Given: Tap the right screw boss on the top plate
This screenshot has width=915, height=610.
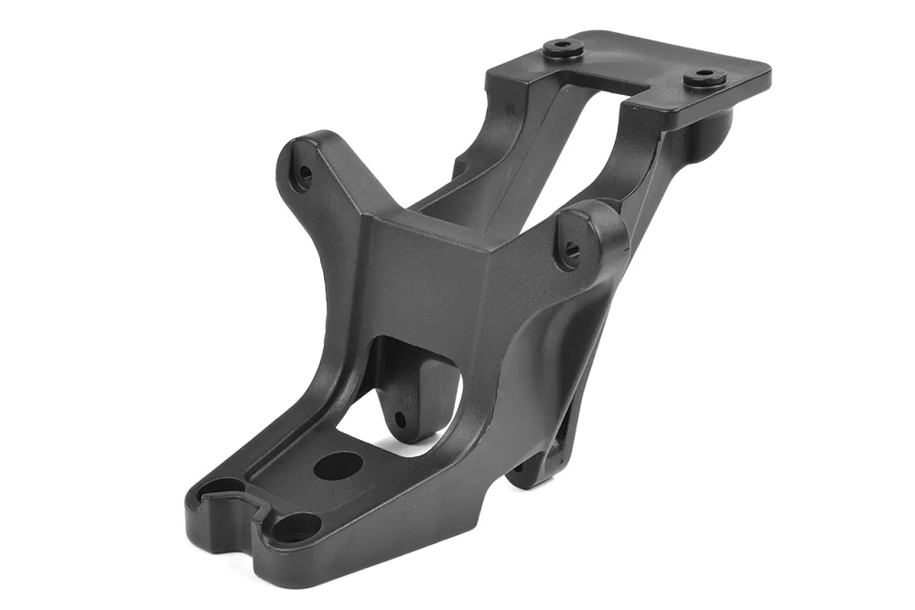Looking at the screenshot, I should tap(704, 77).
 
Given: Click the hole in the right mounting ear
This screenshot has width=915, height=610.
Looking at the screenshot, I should tap(571, 248).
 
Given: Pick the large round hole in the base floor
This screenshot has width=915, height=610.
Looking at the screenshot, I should tap(336, 466).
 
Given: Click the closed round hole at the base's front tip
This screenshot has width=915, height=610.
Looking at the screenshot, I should tap(295, 528).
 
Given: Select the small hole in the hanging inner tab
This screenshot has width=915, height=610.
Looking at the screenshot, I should tap(399, 420).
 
